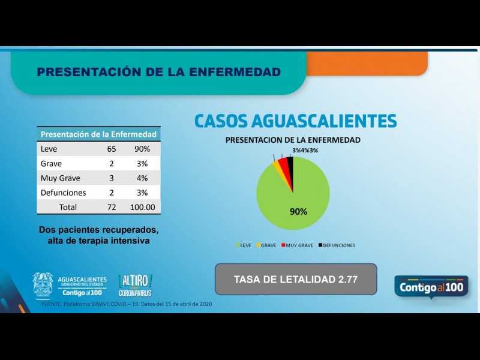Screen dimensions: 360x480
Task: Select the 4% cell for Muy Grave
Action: tap(142, 178)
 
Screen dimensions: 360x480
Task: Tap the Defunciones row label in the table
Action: tap(63, 193)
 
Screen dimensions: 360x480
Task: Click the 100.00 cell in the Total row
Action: tap(142, 207)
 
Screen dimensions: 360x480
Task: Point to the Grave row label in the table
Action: tap(51, 163)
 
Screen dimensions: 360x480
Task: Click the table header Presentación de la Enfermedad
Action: tap(98, 134)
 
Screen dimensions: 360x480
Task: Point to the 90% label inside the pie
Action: tap(298, 211)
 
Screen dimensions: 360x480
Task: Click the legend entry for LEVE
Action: tap(243, 245)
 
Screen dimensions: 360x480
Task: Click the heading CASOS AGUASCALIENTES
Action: tap(295, 121)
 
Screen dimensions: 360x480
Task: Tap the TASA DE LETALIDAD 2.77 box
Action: tap(296, 279)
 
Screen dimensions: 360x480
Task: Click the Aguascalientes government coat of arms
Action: tap(43, 284)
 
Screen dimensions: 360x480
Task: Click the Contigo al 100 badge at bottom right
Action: tap(431, 287)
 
